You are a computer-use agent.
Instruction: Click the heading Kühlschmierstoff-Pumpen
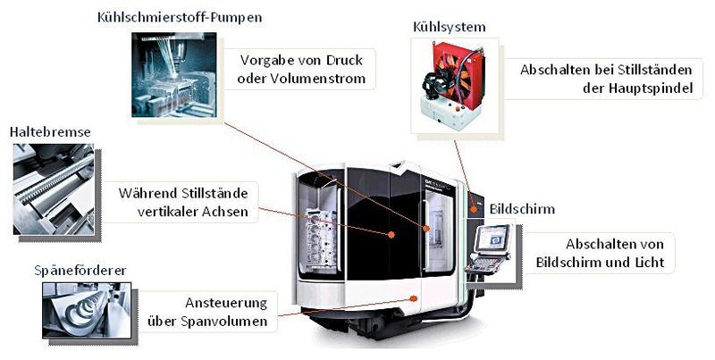180,18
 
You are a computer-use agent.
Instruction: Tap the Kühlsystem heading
450,27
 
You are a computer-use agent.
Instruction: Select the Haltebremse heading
50,132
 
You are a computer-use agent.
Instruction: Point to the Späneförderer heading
80,271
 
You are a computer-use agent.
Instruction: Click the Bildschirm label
522,209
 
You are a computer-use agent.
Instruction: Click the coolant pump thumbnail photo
174,75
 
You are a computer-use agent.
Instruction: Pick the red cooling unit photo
455,85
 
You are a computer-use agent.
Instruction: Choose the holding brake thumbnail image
54,189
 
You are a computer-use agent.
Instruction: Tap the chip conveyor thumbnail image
87,310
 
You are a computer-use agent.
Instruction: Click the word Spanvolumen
223,322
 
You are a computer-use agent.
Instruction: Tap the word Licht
650,263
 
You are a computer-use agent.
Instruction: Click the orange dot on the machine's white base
414,298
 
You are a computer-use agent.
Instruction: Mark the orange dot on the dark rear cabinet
475,209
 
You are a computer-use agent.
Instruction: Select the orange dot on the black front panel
391,235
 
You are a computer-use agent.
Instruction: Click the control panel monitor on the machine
493,239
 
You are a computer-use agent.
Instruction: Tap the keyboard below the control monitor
487,264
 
